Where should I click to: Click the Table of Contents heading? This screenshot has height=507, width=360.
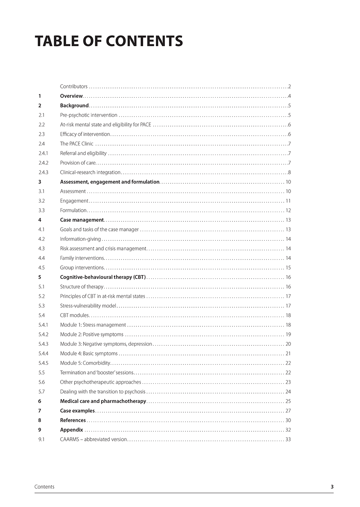(109, 41)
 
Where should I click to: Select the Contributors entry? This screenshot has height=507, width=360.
(74, 86)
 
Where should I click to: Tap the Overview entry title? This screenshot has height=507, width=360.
(71, 96)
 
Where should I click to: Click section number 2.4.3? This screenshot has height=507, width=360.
(43, 172)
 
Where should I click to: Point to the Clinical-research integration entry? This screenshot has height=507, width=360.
(90, 172)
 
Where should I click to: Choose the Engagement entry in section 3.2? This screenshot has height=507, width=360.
(74, 201)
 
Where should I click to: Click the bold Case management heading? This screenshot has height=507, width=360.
(82, 220)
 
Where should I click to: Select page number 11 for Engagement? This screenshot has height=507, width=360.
(288, 201)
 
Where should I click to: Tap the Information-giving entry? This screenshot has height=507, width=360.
(80, 239)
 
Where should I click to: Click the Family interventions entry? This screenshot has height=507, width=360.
(82, 258)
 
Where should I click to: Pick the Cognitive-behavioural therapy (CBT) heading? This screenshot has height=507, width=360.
(103, 277)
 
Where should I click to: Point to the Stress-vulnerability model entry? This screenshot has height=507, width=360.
(88, 306)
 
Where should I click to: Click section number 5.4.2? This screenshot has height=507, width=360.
(43, 334)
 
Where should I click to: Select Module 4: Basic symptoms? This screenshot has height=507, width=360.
(89, 353)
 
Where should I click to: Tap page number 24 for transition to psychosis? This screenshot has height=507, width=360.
(288, 391)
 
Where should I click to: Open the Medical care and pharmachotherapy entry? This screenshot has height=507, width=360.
(103, 401)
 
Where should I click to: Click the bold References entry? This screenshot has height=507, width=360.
(73, 420)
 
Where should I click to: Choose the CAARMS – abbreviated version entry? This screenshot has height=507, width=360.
(93, 439)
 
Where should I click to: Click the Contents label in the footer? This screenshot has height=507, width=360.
(44, 487)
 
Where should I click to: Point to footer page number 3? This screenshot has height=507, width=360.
(332, 487)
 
